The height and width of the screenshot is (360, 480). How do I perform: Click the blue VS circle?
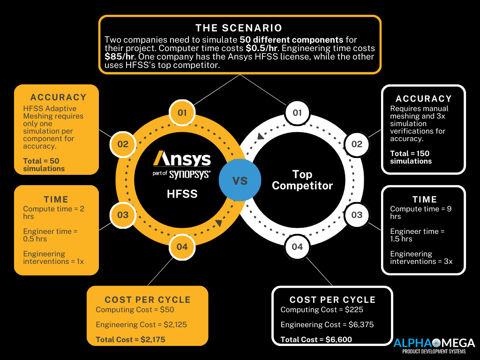[240, 180]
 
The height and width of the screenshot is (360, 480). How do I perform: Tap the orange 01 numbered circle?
[182, 112]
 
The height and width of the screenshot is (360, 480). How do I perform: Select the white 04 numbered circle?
[297, 247]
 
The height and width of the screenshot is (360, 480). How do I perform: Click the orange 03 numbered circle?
[123, 215]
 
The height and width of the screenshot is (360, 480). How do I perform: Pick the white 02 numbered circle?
[357, 144]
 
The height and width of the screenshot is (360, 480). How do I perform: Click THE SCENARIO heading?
[239, 28]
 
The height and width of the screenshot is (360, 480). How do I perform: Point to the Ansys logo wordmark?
[182, 158]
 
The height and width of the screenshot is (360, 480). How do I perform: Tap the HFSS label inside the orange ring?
[182, 194]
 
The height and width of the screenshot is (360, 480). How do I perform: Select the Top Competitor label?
[302, 180]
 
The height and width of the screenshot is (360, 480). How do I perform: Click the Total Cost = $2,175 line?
[130, 339]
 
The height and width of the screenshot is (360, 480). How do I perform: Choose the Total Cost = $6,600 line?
[316, 339]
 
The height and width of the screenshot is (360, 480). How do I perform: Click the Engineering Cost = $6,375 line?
[327, 324]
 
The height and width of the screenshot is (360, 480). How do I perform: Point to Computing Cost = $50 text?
[135, 309]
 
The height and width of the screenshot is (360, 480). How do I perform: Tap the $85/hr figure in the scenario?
[120, 57]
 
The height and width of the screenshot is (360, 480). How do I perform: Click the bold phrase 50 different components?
[292, 40]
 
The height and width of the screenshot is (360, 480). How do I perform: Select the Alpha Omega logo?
[434, 346]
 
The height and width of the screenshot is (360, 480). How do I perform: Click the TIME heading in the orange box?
[56, 200]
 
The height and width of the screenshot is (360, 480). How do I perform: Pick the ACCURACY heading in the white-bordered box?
[424, 98]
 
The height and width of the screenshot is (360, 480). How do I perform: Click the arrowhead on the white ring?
[260, 136]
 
